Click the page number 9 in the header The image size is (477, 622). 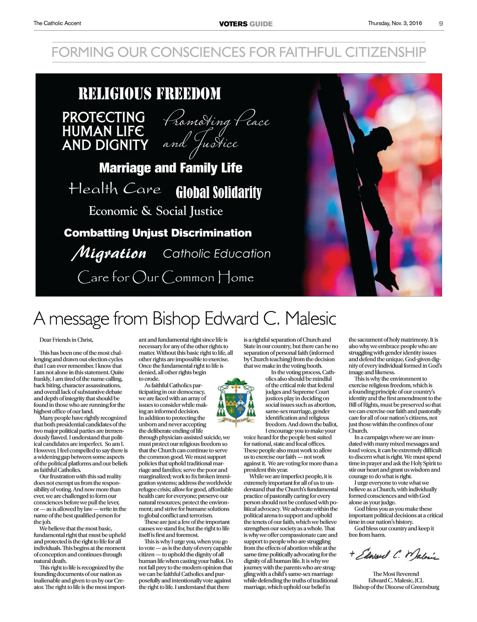click(x=441, y=23)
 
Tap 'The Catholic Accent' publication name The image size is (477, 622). click(x=57, y=23)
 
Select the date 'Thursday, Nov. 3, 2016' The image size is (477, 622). click(x=395, y=23)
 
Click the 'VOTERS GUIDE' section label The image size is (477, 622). click(x=245, y=24)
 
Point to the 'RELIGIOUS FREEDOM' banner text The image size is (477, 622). click(x=150, y=94)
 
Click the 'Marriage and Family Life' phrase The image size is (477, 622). click(x=170, y=168)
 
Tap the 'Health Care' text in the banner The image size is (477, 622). click(x=115, y=189)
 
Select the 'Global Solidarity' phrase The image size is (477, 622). click(x=218, y=192)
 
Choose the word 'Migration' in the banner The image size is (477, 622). click(x=109, y=253)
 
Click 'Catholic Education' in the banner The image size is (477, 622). click(x=217, y=254)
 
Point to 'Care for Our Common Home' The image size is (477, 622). click(x=165, y=277)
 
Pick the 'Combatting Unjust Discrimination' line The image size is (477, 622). click(x=157, y=233)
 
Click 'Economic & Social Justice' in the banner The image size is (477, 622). click(x=156, y=211)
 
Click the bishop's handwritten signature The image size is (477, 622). click(x=395, y=555)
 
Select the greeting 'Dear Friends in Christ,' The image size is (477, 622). click(x=66, y=340)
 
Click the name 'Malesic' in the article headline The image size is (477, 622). click(x=311, y=319)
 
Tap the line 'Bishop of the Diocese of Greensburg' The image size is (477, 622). click(x=395, y=587)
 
